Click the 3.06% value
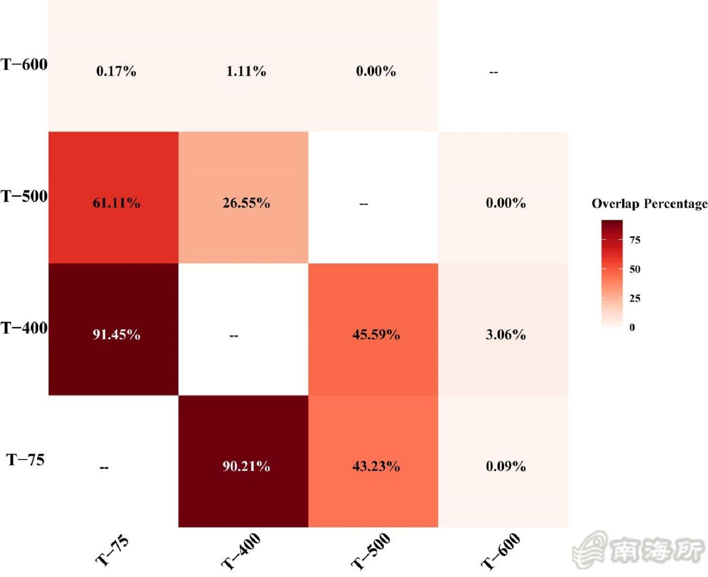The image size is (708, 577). click(x=506, y=335)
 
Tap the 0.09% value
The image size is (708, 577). click(x=506, y=467)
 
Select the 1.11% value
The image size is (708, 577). click(x=246, y=71)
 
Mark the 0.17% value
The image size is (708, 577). click(x=116, y=71)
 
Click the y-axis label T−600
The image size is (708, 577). click(x=25, y=64)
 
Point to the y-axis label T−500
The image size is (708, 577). click(x=25, y=196)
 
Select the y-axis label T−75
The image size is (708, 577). click(x=25, y=460)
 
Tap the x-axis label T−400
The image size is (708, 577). click(x=241, y=551)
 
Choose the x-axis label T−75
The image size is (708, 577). click(x=112, y=551)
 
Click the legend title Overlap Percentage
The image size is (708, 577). click(x=649, y=204)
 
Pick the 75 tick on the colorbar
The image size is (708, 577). click(x=635, y=240)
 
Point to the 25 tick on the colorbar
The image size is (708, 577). click(x=635, y=298)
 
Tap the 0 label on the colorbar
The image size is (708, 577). click(x=632, y=327)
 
